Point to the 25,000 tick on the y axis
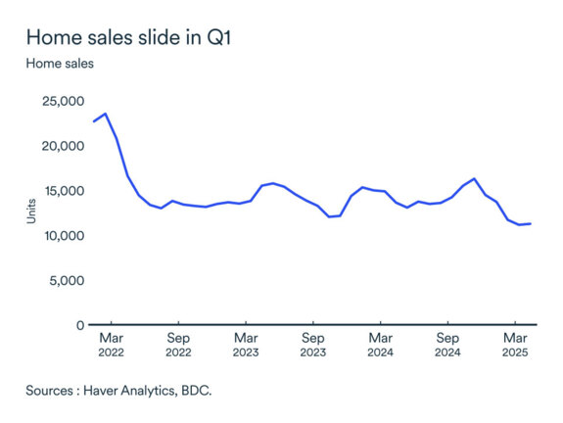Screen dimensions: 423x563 (62, 101)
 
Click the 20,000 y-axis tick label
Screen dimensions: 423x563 (62, 146)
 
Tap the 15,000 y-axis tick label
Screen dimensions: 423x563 (62, 191)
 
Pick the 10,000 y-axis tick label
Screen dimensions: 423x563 (62, 236)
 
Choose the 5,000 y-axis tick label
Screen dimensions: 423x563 (66, 280)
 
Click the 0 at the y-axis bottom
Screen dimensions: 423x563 (78, 325)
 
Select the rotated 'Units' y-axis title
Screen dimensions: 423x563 (31, 213)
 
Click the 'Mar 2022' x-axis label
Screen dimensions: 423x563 (111, 344)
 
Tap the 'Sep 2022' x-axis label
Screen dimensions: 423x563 (178, 344)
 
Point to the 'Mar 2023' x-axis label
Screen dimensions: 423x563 (246, 344)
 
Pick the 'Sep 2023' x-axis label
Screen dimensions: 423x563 (313, 344)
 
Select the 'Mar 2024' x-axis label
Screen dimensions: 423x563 (380, 344)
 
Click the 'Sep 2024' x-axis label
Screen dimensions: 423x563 (447, 344)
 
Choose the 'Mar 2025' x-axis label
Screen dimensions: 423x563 (515, 344)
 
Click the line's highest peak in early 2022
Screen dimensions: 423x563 (106, 114)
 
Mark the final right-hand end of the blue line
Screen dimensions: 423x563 (531, 223)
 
